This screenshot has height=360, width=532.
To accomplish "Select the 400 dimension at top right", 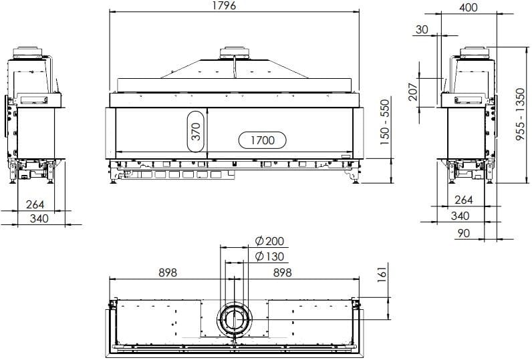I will click(x=469, y=7).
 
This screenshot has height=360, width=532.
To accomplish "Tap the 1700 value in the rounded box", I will click(x=263, y=140).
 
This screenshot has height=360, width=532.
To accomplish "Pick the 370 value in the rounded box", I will click(x=195, y=131).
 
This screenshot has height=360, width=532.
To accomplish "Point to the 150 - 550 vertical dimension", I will click(x=384, y=122).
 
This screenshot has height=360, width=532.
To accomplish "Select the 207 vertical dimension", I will click(x=413, y=90).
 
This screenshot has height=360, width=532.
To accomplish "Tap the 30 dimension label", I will click(x=422, y=29).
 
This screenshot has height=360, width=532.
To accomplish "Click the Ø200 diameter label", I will click(x=270, y=241).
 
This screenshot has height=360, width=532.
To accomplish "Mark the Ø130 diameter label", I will click(x=270, y=256).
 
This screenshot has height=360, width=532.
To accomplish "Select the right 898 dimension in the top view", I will click(x=283, y=273).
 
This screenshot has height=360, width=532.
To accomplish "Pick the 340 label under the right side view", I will click(x=460, y=216).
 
